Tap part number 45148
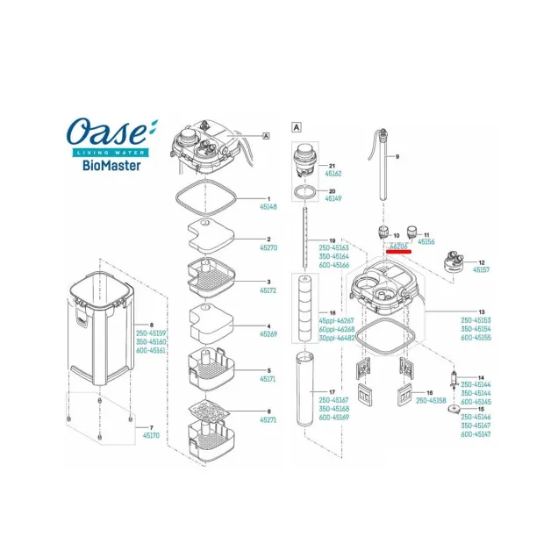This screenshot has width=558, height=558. pos(268,207)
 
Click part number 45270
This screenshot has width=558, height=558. pos(268,247)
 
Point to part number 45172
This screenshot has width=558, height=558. pos(268,290)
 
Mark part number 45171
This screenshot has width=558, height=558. pos(268,378)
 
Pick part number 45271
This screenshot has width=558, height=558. pos(268,420)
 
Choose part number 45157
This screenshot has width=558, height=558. pos(483,270)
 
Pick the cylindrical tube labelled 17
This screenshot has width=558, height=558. pos(303,387)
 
